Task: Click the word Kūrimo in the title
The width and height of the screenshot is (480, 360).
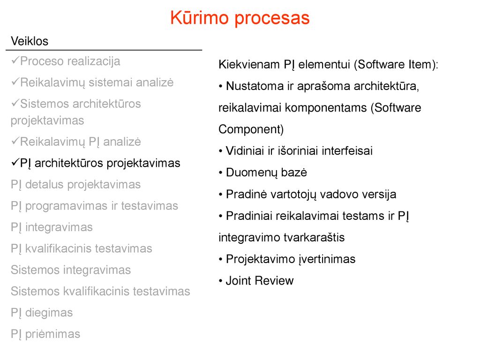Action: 199,17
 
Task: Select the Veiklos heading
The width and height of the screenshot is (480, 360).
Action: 30,41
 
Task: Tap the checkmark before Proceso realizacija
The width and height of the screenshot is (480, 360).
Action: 15,60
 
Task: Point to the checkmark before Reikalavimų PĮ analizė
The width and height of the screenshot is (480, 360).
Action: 15,141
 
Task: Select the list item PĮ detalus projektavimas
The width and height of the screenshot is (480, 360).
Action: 75,185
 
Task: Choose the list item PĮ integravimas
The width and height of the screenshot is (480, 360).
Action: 52,228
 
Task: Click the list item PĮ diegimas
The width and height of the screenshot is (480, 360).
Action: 42,313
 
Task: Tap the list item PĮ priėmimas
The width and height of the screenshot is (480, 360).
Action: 45,334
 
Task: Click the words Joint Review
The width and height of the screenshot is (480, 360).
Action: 260,281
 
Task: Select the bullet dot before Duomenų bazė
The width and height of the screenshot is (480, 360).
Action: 220,173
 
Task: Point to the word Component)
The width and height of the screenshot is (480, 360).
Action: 251,130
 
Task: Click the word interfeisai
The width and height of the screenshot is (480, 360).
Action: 347,151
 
